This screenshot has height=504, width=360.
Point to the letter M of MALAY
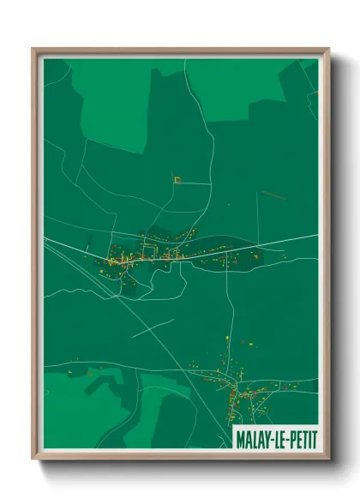[x=239, y=439]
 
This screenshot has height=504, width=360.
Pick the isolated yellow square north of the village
[x=177, y=180]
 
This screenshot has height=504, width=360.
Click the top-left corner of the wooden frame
[x=33, y=49]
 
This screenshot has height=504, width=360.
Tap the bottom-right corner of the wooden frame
[x=328, y=458]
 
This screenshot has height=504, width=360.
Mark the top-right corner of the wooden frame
[x=328, y=49]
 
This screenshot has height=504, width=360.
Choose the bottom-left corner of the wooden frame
[x=33, y=458]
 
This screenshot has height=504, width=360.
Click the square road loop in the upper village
[x=149, y=251]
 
